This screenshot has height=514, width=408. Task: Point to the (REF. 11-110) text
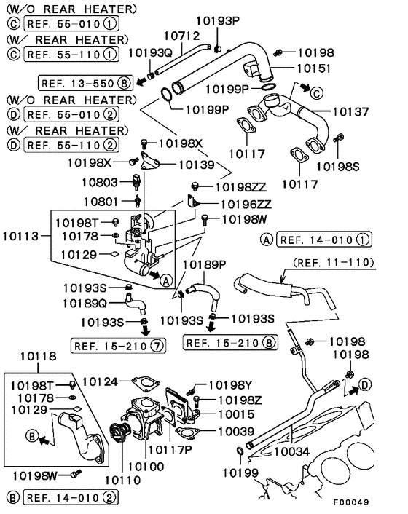point(333,261)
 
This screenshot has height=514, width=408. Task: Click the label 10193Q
point(150,52)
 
